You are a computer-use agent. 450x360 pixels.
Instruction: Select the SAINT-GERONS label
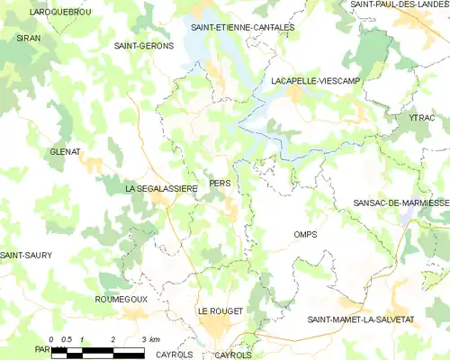point(144,45)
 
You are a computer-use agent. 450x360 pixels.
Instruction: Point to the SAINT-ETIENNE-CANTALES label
point(242,28)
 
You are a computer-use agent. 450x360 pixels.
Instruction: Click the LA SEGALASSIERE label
point(161,188)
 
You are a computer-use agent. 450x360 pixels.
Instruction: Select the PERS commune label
point(220,183)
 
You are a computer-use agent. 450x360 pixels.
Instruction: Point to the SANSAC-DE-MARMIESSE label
point(400,203)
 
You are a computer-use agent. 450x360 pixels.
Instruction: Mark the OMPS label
point(305,234)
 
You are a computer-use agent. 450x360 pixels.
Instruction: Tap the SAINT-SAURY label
point(26,256)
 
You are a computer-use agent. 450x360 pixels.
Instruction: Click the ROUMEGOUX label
point(121,297)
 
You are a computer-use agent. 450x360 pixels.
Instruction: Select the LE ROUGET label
point(220,310)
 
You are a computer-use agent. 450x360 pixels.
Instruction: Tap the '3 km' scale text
point(150,339)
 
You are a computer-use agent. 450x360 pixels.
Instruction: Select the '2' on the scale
point(112,339)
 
